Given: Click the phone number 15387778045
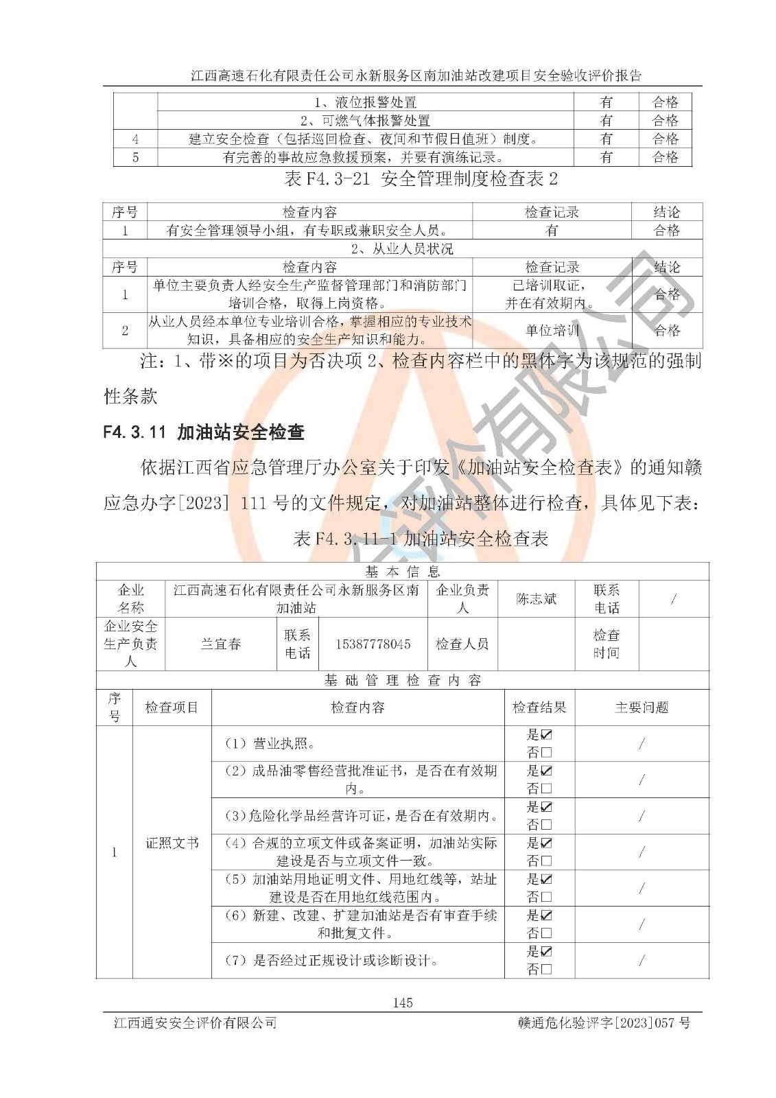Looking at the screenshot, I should [373, 644].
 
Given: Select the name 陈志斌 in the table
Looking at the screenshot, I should [536, 599].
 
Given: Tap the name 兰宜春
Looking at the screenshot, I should [221, 644].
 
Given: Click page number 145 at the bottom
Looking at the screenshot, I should [403, 1003].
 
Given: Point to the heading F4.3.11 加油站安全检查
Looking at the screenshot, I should [203, 432].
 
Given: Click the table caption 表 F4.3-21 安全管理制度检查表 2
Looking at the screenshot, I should [421, 180].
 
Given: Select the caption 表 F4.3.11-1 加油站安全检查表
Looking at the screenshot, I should [421, 539].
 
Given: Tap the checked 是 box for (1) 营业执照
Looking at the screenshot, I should [547, 735].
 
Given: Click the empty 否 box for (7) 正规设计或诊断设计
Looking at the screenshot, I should [547, 969].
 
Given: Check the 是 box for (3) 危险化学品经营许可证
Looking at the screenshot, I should [547, 807].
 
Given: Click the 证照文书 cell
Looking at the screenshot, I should [172, 843].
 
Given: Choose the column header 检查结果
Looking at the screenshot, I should [539, 708].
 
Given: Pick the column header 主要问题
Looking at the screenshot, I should [642, 708].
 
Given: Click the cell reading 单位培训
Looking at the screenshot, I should [552, 331].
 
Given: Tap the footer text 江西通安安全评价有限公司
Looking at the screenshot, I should [195, 1023].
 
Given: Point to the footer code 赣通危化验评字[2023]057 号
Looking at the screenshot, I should [604, 1023].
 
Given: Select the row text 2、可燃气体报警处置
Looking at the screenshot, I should [365, 121].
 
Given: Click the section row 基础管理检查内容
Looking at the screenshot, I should [403, 681].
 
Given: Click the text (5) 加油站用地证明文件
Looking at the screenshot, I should [313, 879].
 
